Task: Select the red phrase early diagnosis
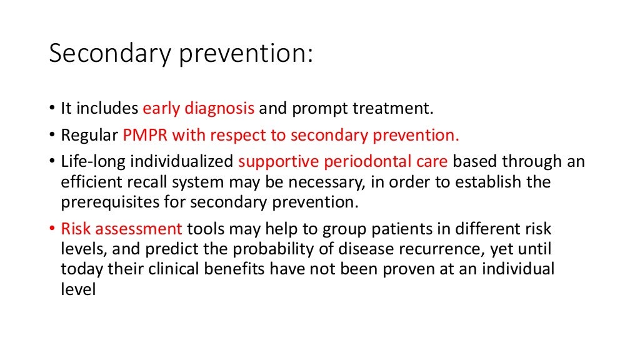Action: [198, 109]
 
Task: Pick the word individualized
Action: [177, 161]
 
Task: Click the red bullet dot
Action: [52, 229]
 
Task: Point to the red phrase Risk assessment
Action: [122, 229]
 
